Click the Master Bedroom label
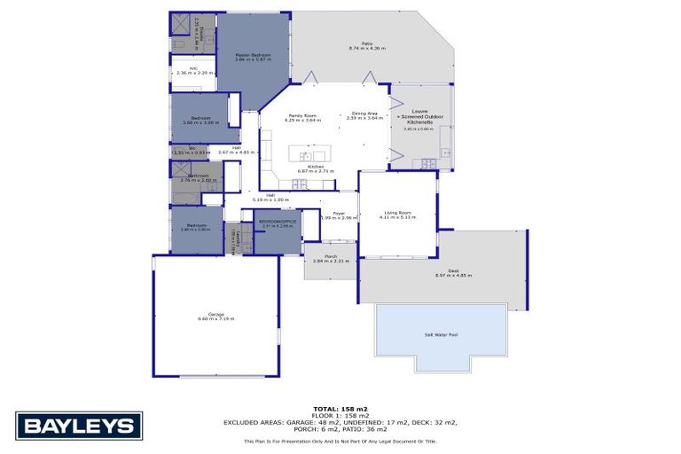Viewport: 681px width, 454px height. pyautogui.click(x=252, y=55)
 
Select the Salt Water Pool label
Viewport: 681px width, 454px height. pyautogui.click(x=441, y=334)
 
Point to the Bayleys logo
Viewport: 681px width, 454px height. pyautogui.click(x=79, y=426)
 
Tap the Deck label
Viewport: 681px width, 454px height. pyautogui.click(x=453, y=271)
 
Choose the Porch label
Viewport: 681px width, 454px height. pyautogui.click(x=331, y=256)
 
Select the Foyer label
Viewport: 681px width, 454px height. pyautogui.click(x=338, y=213)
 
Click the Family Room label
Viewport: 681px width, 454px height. pyautogui.click(x=304, y=115)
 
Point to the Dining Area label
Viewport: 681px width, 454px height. pyautogui.click(x=364, y=113)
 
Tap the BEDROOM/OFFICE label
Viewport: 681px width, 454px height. pyautogui.click(x=278, y=222)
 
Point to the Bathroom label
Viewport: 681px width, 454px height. pyautogui.click(x=197, y=175)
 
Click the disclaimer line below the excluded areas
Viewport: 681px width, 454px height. pyautogui.click(x=340, y=440)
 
